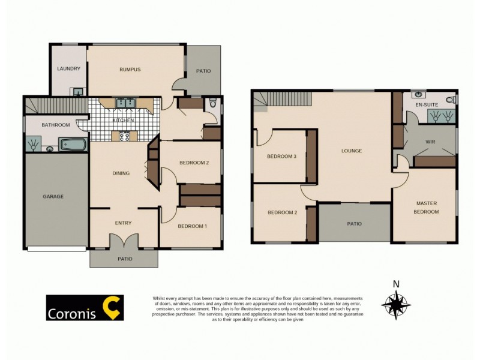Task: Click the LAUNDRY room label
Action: [68, 69]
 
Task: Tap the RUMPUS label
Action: [130, 70]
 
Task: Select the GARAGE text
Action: [53, 196]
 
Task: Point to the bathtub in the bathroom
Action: [73, 144]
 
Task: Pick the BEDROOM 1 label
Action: [193, 226]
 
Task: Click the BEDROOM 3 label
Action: [282, 157]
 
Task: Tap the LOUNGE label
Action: [352, 151]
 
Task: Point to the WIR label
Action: [430, 142]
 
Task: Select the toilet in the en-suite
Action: [450, 99]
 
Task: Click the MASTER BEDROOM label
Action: [427, 208]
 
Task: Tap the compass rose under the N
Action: [396, 304]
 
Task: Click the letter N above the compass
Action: [396, 284]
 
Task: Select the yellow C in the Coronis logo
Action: [112, 307]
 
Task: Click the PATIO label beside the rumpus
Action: [203, 71]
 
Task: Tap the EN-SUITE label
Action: [427, 105]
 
